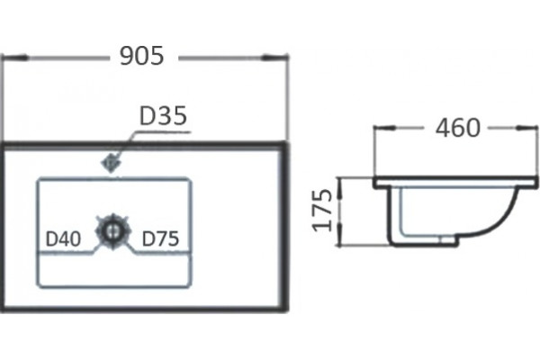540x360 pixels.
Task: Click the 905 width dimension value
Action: [141, 56]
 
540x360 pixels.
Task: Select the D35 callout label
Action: [163, 116]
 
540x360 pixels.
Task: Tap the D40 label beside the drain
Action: [63, 238]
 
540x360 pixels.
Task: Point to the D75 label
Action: [160, 238]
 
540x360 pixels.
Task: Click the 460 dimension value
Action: [457, 128]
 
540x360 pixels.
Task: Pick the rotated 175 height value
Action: [322, 210]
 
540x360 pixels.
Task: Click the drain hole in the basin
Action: [112, 229]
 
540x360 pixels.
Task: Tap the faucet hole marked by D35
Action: [111, 164]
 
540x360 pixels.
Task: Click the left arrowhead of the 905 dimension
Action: [14, 58]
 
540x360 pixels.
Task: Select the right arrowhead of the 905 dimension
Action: [274, 58]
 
